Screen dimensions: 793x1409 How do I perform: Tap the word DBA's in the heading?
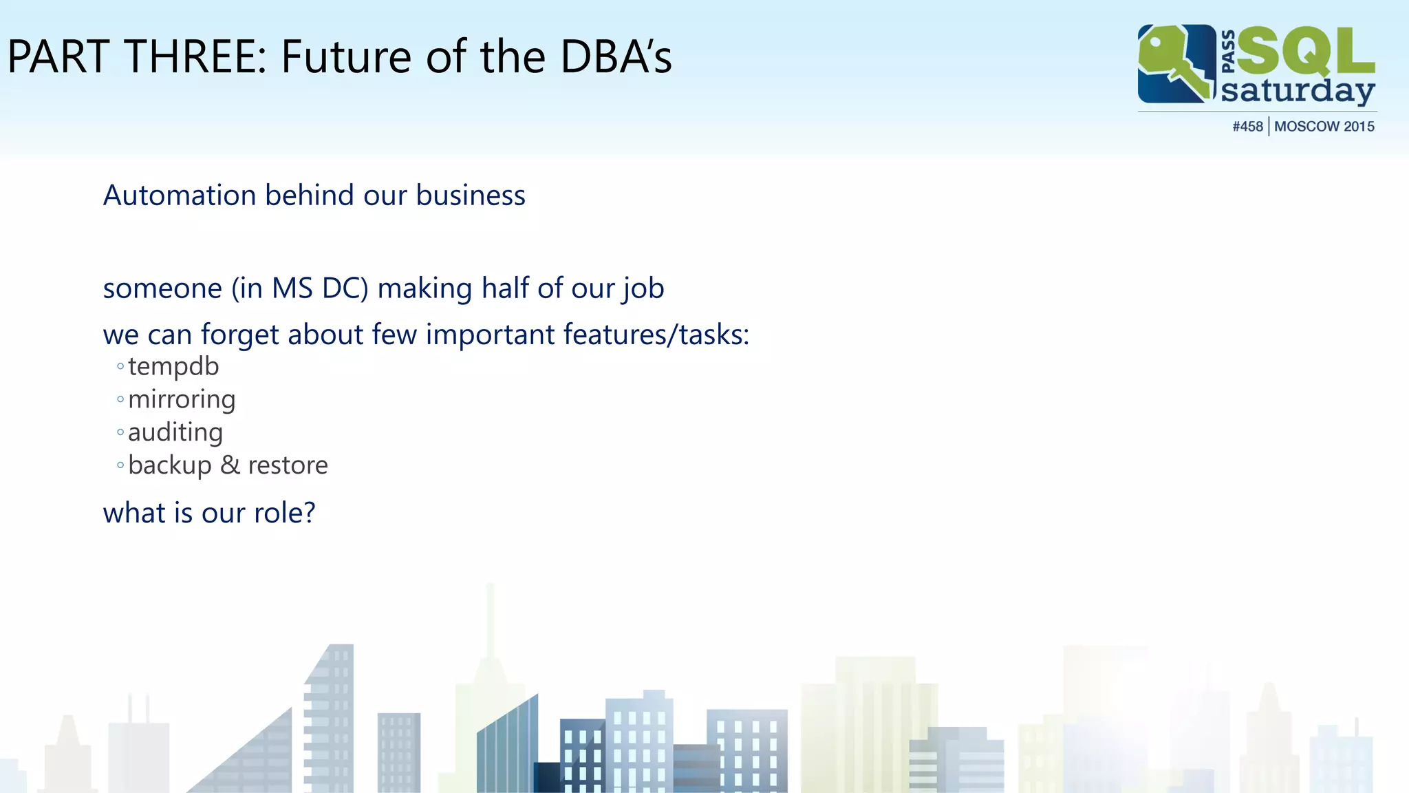click(x=616, y=56)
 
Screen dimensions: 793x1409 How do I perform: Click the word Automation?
click(x=180, y=195)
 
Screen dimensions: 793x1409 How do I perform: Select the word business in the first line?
click(x=471, y=195)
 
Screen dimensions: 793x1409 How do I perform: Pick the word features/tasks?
click(x=656, y=335)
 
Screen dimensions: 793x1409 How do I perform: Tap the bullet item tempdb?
click(x=173, y=367)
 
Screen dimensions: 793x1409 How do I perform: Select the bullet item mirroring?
click(x=182, y=400)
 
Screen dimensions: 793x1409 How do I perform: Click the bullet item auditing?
click(x=175, y=433)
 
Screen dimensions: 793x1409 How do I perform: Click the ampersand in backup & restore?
click(x=230, y=465)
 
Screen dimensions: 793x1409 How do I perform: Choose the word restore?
click(x=288, y=466)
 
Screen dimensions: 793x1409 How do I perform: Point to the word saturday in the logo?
click(x=1298, y=91)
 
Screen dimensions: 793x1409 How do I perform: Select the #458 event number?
click(x=1247, y=127)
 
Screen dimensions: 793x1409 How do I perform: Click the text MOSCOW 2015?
click(x=1324, y=127)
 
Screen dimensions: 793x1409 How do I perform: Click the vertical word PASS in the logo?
click(x=1228, y=51)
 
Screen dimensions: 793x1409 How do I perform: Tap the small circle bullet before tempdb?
click(x=120, y=367)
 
